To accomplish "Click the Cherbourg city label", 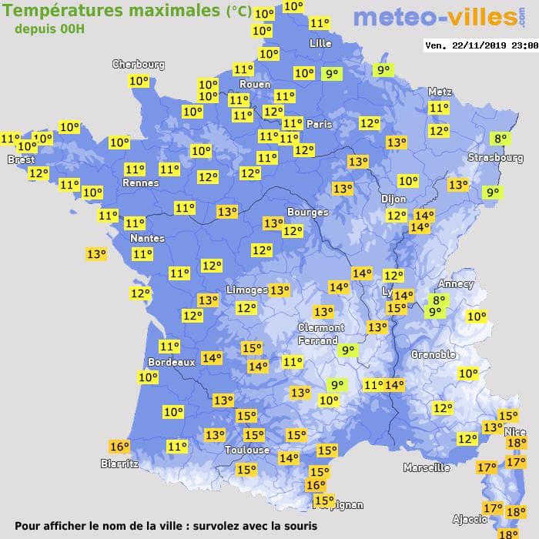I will pyautogui.click(x=139, y=65).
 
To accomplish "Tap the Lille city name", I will pyautogui.click(x=320, y=44).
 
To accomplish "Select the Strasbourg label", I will pyautogui.click(x=496, y=158).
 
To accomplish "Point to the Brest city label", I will pyautogui.click(x=21, y=159).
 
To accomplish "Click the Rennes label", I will pyautogui.click(x=140, y=183).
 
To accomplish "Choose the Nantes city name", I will pyautogui.click(x=146, y=239).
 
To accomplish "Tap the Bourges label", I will pyautogui.click(x=307, y=212).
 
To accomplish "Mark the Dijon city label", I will pyautogui.click(x=393, y=198).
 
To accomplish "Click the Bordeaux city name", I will pyautogui.click(x=170, y=362).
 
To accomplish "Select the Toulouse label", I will pyautogui.click(x=247, y=450).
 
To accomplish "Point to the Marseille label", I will pyautogui.click(x=427, y=467).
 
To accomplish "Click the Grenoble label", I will pyautogui.click(x=433, y=355).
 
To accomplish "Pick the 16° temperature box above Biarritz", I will pyautogui.click(x=119, y=447).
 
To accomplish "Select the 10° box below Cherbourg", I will pyautogui.click(x=139, y=81).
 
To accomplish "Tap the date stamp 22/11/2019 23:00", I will pyautogui.click(x=481, y=45).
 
